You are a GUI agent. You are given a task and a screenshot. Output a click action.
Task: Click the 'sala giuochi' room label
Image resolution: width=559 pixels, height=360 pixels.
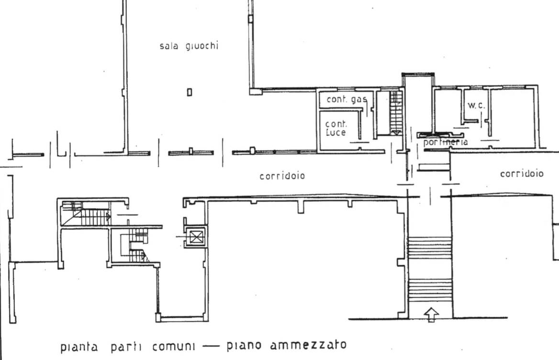point(189,46)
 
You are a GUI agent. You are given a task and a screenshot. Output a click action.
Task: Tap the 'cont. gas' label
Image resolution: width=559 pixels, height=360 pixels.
point(347,100)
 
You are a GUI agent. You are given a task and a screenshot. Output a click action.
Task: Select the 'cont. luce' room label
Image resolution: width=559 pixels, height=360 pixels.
point(336,128)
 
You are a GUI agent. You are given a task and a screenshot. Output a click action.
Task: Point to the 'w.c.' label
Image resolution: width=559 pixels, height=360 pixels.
point(476,105)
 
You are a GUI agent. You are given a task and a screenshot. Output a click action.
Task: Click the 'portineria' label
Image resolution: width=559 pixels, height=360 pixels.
point(446,142)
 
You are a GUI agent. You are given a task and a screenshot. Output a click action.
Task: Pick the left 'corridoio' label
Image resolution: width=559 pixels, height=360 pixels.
point(282,176)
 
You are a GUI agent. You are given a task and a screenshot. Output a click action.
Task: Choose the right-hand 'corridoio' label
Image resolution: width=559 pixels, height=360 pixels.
point(522,174)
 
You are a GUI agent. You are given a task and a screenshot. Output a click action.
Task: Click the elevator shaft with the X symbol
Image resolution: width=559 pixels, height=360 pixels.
point(196,237)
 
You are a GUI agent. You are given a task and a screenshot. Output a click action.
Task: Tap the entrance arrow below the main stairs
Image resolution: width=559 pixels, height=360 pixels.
point(431,315)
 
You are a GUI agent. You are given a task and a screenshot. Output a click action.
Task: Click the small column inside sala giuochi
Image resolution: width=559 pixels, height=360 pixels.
point(190,92)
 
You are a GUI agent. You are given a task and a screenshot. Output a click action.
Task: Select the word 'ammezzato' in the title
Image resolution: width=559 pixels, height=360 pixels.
point(308,345)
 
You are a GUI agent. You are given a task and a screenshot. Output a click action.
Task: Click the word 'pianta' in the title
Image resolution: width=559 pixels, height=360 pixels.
point(79,347)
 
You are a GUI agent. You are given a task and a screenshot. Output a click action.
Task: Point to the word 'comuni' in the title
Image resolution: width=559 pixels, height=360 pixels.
point(174,346)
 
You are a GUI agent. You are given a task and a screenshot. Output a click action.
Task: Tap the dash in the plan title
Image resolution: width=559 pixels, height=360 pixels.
point(211,346)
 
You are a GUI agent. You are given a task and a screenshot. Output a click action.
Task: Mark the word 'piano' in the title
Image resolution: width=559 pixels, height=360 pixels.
point(244,346)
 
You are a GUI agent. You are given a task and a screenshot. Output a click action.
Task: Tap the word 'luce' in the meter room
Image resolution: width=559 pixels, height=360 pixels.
point(336,133)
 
